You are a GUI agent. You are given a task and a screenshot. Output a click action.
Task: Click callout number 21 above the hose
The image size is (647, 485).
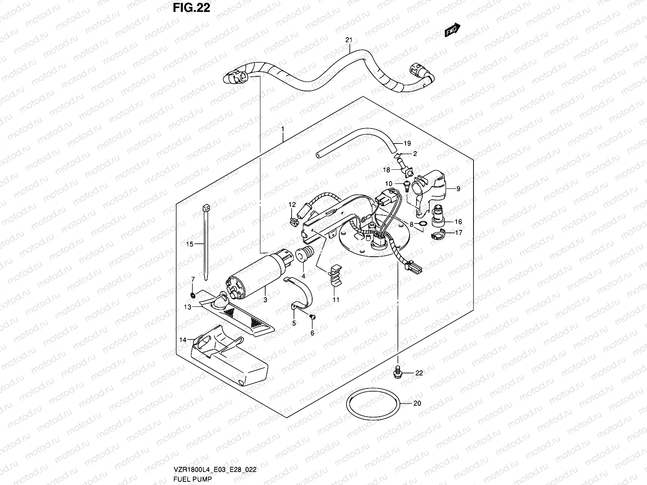(x=349, y=40)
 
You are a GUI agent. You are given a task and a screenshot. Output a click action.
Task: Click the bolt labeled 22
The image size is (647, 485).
(x=398, y=373)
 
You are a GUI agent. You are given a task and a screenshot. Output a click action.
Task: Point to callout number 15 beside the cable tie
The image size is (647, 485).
(x=190, y=244)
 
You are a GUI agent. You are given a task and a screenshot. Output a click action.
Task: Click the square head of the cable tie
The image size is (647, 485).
(x=206, y=210)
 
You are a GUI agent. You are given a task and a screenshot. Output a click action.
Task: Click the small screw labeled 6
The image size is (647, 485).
(x=312, y=317)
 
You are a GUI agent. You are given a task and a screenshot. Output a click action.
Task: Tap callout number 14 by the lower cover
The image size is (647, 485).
(x=183, y=340)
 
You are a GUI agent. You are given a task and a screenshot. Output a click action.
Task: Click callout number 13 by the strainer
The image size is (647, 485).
(x=187, y=308)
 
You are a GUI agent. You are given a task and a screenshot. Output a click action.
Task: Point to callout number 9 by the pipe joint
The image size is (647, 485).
(x=459, y=189)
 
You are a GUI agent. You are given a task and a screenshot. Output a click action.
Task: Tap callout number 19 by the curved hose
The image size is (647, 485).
(x=407, y=143)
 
